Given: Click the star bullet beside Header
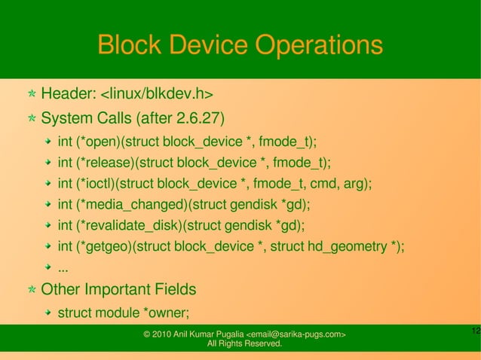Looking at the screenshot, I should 31,95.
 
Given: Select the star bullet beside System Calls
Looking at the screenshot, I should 31,120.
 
